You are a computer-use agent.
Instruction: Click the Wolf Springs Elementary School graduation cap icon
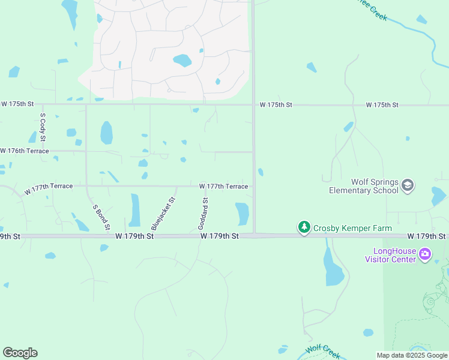[x=408, y=185]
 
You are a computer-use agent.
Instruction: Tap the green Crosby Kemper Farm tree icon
[x=304, y=227]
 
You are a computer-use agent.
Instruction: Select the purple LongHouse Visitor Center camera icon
[x=425, y=254]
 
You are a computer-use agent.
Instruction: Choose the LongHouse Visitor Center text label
[x=390, y=255]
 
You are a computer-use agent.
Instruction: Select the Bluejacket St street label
[x=163, y=214]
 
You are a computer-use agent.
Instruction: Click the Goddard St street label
[x=203, y=214]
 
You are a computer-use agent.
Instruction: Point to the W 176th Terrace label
[x=25, y=151]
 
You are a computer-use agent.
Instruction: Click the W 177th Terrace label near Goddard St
[x=223, y=187]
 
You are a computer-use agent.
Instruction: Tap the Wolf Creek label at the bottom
[x=323, y=349]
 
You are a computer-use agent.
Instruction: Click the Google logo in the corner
[x=20, y=353]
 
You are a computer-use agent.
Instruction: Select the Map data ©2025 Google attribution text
[x=412, y=355]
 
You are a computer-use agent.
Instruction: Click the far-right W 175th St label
[x=382, y=105]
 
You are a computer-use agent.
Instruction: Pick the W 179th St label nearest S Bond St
[x=135, y=236]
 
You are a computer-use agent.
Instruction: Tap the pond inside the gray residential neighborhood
[x=182, y=61]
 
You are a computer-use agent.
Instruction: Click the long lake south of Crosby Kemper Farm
[x=333, y=266]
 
